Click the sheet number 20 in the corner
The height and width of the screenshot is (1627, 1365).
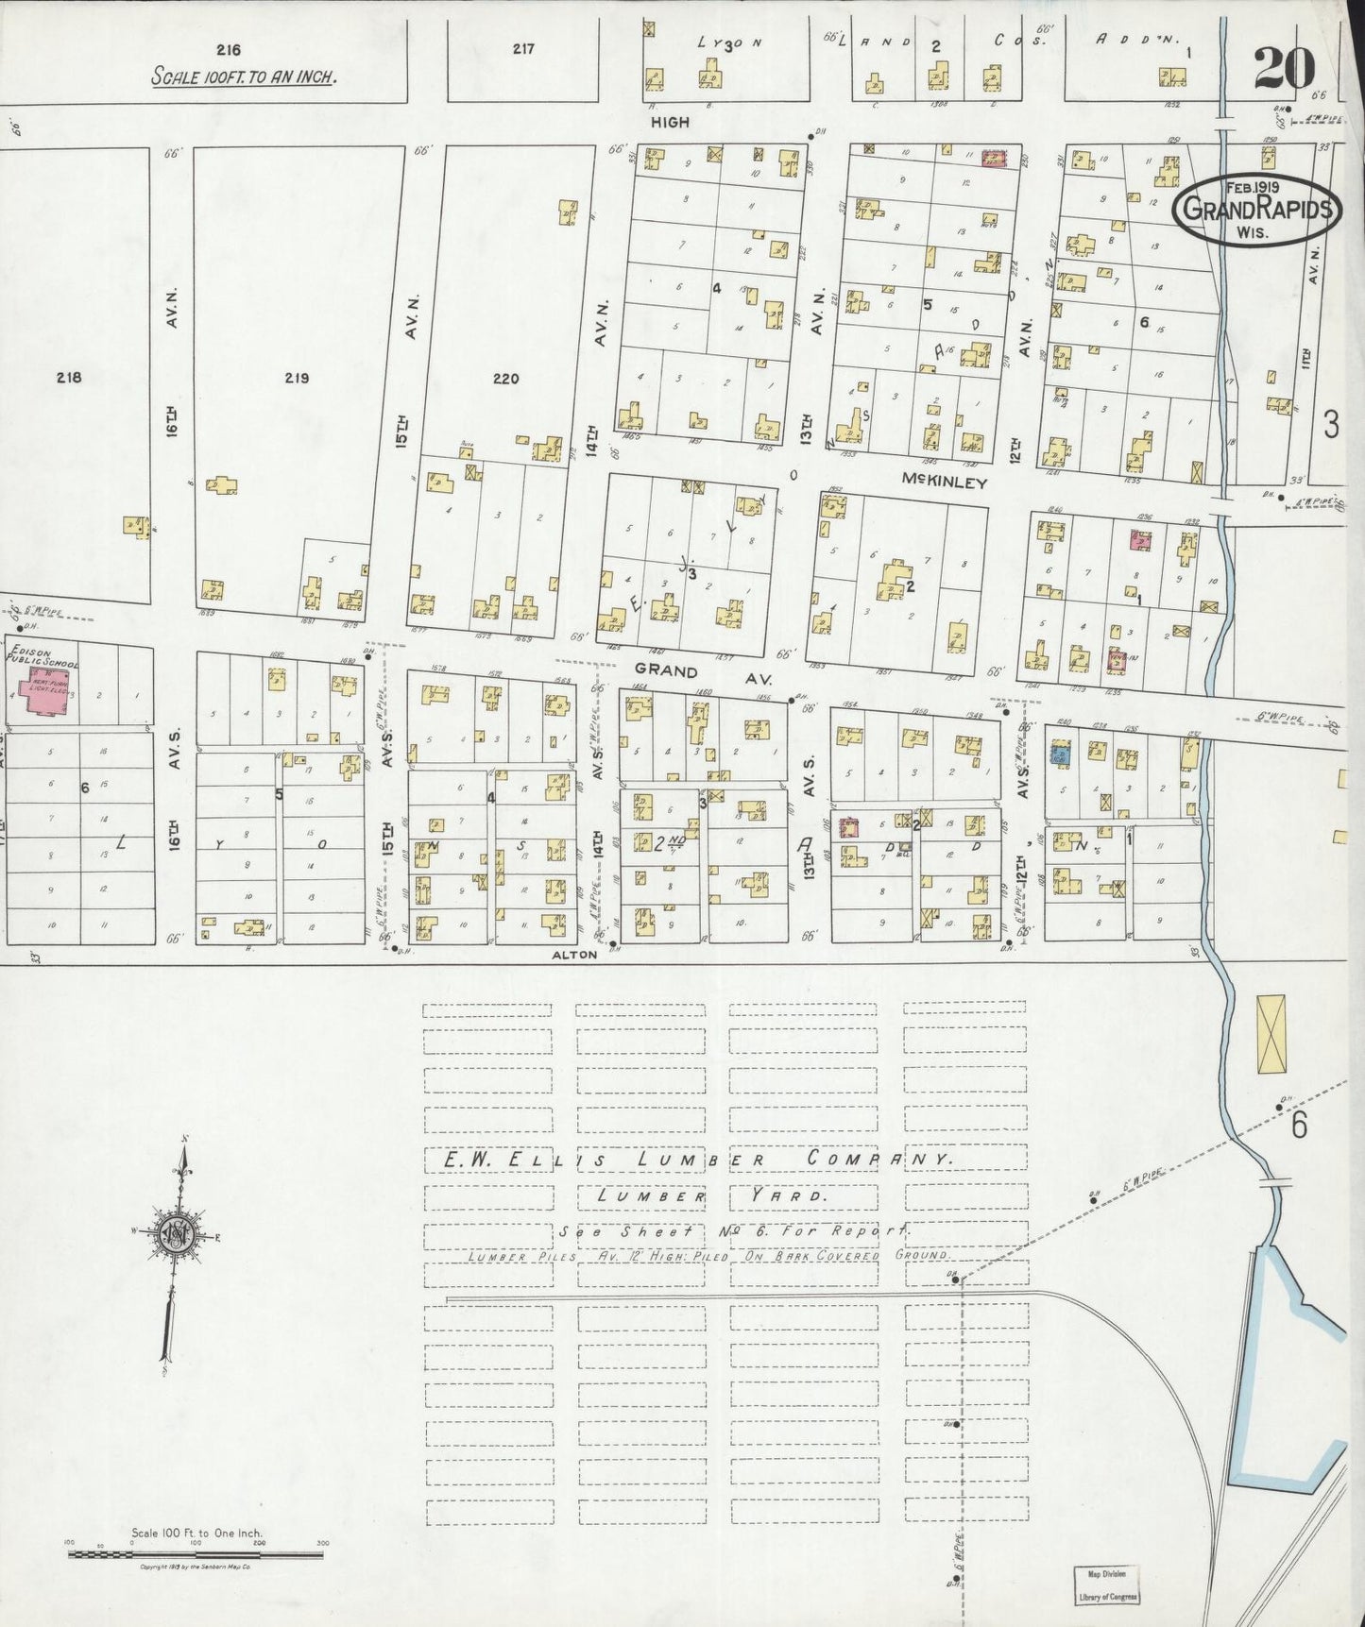tap(1285, 68)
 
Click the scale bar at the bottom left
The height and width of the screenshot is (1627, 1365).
tap(196, 1551)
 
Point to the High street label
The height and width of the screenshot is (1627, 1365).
tap(669, 122)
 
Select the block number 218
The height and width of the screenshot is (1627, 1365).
tap(69, 378)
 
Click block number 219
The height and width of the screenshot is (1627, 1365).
tap(297, 379)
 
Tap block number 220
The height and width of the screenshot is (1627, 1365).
tap(506, 379)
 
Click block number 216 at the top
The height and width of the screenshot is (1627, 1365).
tap(229, 50)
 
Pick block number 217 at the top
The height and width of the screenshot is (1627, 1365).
tap(523, 50)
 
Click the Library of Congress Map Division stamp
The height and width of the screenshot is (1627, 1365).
tap(1106, 1585)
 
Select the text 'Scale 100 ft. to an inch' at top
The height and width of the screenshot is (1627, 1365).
tap(244, 77)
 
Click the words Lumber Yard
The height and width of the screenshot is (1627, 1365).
tap(712, 1195)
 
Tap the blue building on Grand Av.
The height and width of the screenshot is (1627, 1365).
tap(1061, 753)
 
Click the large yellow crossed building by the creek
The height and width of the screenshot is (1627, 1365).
tap(1273, 1033)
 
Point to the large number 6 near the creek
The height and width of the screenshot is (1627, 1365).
tap(1299, 1127)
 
